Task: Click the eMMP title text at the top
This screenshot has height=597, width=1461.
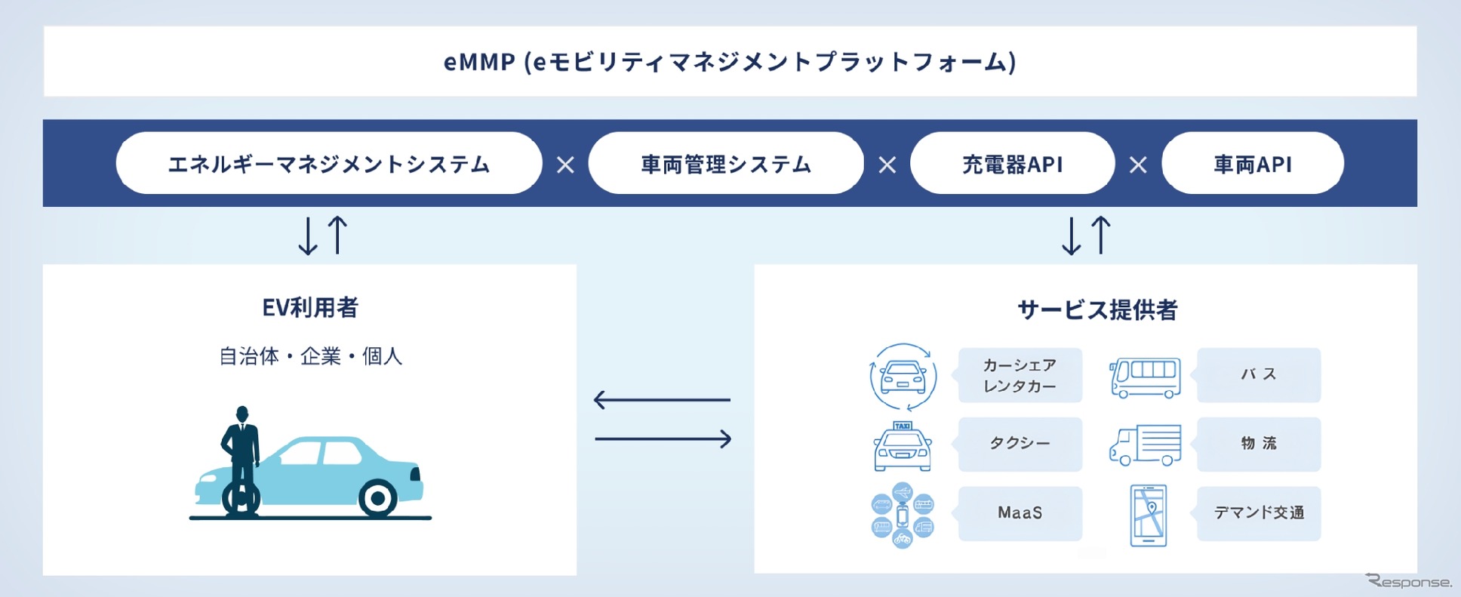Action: [730, 62]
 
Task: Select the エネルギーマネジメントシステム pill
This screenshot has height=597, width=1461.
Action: [329, 164]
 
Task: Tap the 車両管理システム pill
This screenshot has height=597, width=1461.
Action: [726, 164]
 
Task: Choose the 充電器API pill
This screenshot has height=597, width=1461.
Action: [1012, 164]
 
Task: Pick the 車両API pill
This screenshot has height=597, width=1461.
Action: [1252, 164]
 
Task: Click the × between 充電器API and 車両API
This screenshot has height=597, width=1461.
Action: [1138, 165]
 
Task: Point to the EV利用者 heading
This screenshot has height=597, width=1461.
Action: [310, 307]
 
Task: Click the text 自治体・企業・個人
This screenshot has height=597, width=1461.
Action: [310, 356]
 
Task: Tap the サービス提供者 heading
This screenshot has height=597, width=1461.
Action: [1097, 309]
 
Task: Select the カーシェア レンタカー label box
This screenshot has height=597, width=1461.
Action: [1020, 375]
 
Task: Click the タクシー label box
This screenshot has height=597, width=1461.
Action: [1020, 444]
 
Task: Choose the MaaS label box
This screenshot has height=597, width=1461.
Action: [1020, 513]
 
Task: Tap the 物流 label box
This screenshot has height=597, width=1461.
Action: [1258, 444]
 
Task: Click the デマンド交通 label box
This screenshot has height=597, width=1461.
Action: [1258, 513]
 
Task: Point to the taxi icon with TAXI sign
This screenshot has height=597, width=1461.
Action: [903, 447]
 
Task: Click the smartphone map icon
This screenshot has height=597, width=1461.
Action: [1148, 515]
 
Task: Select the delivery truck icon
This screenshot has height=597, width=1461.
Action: [1145, 445]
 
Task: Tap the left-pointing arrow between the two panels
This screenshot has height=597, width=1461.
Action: [662, 399]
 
